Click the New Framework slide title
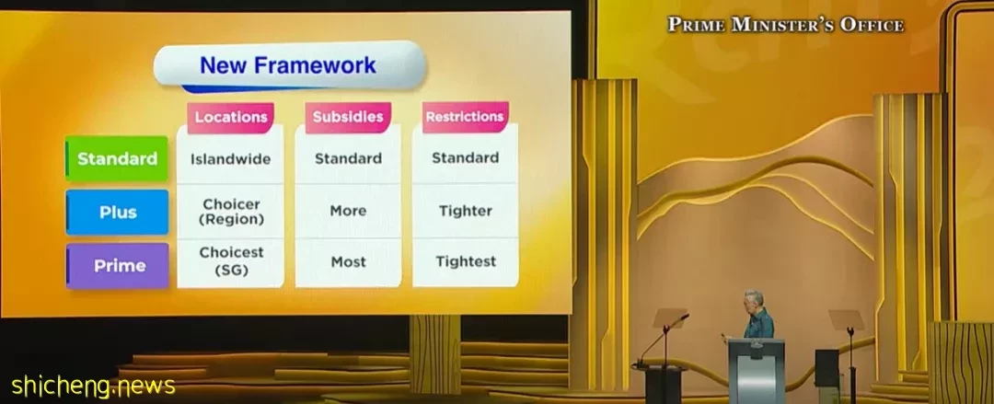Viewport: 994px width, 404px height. [x=288, y=65]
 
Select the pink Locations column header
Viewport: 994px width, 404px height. [x=231, y=117]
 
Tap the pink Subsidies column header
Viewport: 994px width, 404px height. [x=348, y=117]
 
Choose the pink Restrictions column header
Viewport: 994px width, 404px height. [x=466, y=117]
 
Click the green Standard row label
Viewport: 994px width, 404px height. [x=117, y=158]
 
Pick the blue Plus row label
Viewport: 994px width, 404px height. [x=117, y=212]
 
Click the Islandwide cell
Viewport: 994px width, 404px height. [x=231, y=158]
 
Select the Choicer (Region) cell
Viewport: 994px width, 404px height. [x=231, y=212]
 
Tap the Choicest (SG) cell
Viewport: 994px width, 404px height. [x=231, y=261]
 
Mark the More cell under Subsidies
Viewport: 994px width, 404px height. [x=348, y=211]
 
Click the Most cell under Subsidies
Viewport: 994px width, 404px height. [x=348, y=261]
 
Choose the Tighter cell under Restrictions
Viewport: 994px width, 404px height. [x=466, y=211]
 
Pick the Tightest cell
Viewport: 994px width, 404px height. [x=466, y=261]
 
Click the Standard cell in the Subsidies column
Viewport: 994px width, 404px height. [x=348, y=158]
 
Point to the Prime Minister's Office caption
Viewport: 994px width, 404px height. [x=785, y=25]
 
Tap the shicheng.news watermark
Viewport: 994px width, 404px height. [x=93, y=386]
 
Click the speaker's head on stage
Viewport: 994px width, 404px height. [x=754, y=299]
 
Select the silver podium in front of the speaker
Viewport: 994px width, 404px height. [x=756, y=371]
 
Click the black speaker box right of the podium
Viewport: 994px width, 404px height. [x=826, y=368]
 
